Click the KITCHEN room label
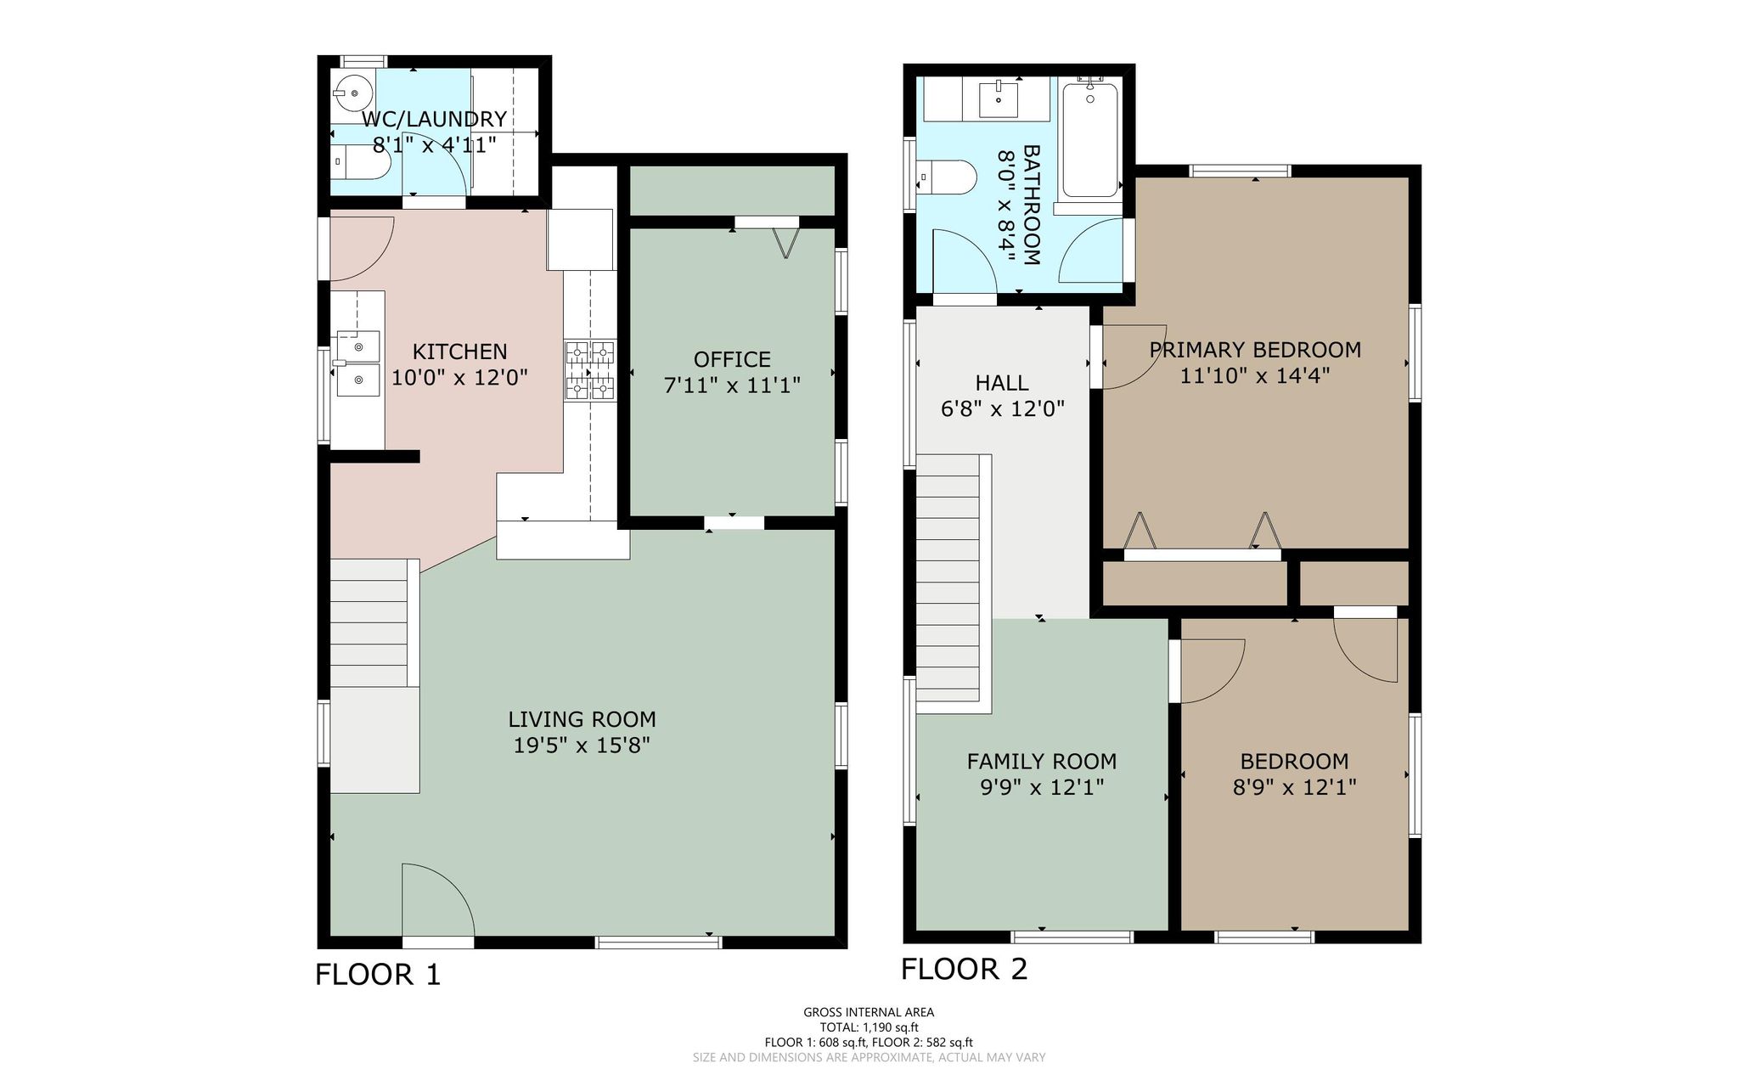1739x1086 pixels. coord(459,352)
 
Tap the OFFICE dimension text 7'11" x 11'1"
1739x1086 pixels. coord(732,385)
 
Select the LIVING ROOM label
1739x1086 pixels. coord(582,720)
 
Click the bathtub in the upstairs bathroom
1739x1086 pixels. coord(1089,140)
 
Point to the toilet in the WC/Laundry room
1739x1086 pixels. coord(360,161)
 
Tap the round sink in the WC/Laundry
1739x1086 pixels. coord(352,93)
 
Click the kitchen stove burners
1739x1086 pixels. coord(590,370)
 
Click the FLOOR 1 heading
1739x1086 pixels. coord(379,974)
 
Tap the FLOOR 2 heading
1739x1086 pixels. coord(965,969)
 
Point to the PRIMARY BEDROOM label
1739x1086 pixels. coord(1255,350)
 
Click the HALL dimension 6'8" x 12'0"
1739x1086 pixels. coord(1003,409)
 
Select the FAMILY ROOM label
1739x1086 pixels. coord(1042,762)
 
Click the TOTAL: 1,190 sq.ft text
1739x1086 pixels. coord(869,1027)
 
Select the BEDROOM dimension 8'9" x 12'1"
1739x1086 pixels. coord(1295,787)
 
